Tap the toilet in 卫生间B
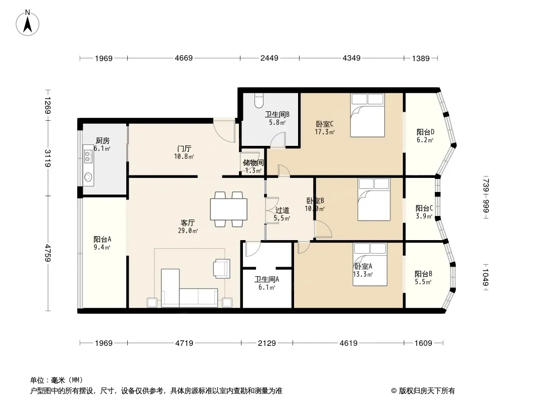(258, 101)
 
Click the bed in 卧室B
(374, 199)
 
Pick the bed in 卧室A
(370, 264)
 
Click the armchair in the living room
(221, 268)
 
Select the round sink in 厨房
(89, 176)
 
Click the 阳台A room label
(102, 239)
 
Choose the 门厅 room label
(184, 149)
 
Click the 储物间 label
(253, 163)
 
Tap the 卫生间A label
(266, 280)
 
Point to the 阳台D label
(425, 132)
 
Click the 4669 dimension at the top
(183, 59)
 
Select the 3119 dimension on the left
(48, 158)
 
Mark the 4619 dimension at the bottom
(348, 343)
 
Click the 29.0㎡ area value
(189, 231)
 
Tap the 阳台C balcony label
(424, 209)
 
